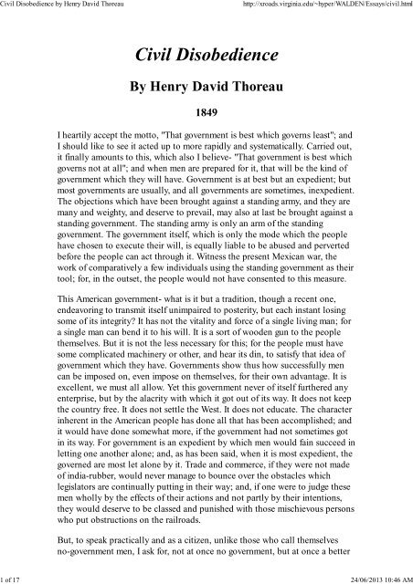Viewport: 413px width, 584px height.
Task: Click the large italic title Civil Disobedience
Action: [206, 57]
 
